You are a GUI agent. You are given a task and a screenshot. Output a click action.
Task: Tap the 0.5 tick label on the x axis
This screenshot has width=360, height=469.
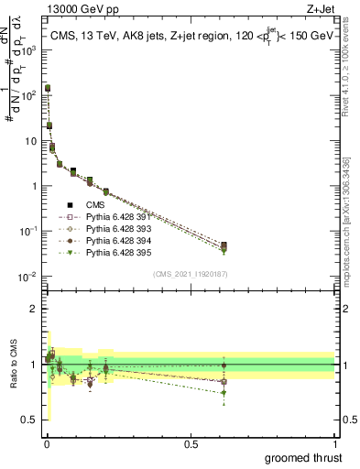[x=191, y=443]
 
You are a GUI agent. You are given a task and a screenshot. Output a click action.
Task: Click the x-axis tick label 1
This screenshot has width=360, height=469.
[x=335, y=443]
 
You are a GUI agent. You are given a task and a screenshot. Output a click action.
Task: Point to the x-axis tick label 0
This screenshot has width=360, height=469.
[x=46, y=443]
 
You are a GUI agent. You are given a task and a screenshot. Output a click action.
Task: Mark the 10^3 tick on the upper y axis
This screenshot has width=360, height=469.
[x=30, y=50]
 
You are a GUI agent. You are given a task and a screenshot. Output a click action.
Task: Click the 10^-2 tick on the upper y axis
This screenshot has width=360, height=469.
[x=29, y=276]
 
